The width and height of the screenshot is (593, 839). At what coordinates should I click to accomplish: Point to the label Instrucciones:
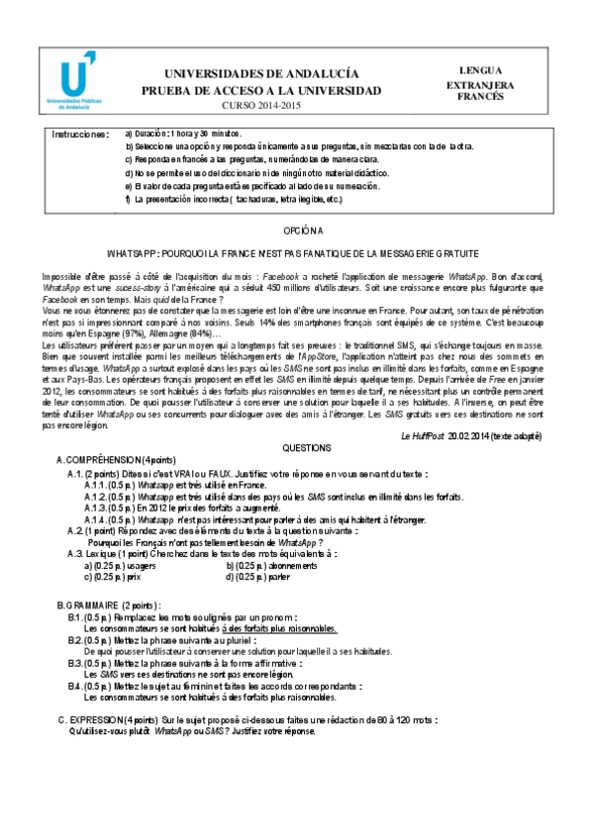80,134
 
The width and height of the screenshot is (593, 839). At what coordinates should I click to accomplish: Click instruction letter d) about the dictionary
129,172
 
